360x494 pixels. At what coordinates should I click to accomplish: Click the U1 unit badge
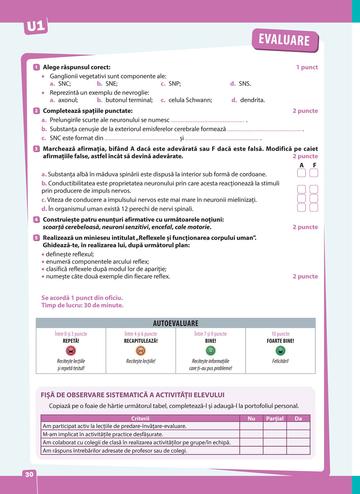[x=36, y=26]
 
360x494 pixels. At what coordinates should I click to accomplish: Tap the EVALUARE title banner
[x=284, y=40]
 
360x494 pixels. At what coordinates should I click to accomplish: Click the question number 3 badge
[x=36, y=149]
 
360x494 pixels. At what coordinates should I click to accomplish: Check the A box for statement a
[x=301, y=173]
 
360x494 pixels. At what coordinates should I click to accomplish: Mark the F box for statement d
[x=314, y=207]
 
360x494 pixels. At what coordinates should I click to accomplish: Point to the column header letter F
[x=314, y=165]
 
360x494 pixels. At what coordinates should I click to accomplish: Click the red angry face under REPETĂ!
[x=71, y=350]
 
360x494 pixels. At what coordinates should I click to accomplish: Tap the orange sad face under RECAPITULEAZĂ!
[x=141, y=350]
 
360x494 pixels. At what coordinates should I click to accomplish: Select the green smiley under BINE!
[x=211, y=350]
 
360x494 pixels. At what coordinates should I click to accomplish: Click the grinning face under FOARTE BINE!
[x=280, y=350]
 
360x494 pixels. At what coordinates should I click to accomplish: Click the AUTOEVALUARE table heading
[x=176, y=323]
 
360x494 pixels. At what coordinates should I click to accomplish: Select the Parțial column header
[x=275, y=418]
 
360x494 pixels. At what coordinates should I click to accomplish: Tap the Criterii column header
[x=140, y=418]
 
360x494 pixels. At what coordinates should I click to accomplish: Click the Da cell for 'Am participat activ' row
[x=298, y=426]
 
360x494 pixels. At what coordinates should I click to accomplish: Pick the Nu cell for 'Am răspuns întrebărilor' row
[x=251, y=450]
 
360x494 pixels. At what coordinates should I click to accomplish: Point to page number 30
[x=29, y=474]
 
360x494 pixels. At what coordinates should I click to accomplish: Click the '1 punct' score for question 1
[x=307, y=67]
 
